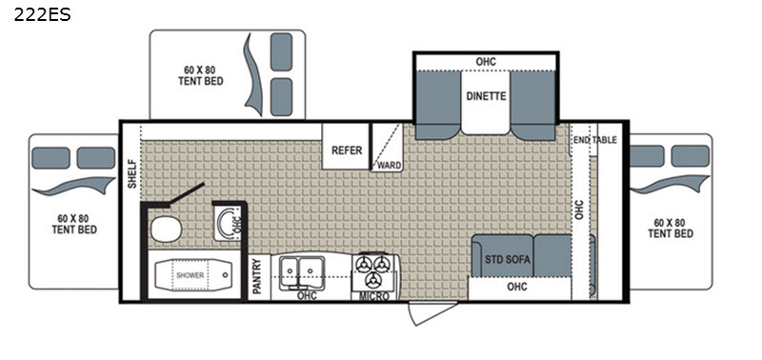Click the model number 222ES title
pos(42,14)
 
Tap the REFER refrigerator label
pos(347,150)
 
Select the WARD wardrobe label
pos(390,166)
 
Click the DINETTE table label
pos(486,96)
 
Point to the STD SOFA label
pos(507,259)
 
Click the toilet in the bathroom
pos(166,230)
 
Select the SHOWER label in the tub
pos(190,275)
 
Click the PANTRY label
pos(257,276)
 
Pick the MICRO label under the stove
pos(373,296)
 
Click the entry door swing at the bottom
pos(431,313)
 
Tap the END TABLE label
pos(594,140)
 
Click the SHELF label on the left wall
pos(132,174)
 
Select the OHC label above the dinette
pos(486,62)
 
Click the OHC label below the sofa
pos(516,287)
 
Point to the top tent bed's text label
pos(201,76)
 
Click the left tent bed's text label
pos(74,224)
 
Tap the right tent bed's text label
pos(670,228)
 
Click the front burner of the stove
pos(373,279)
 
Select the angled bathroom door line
pos(186,194)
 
